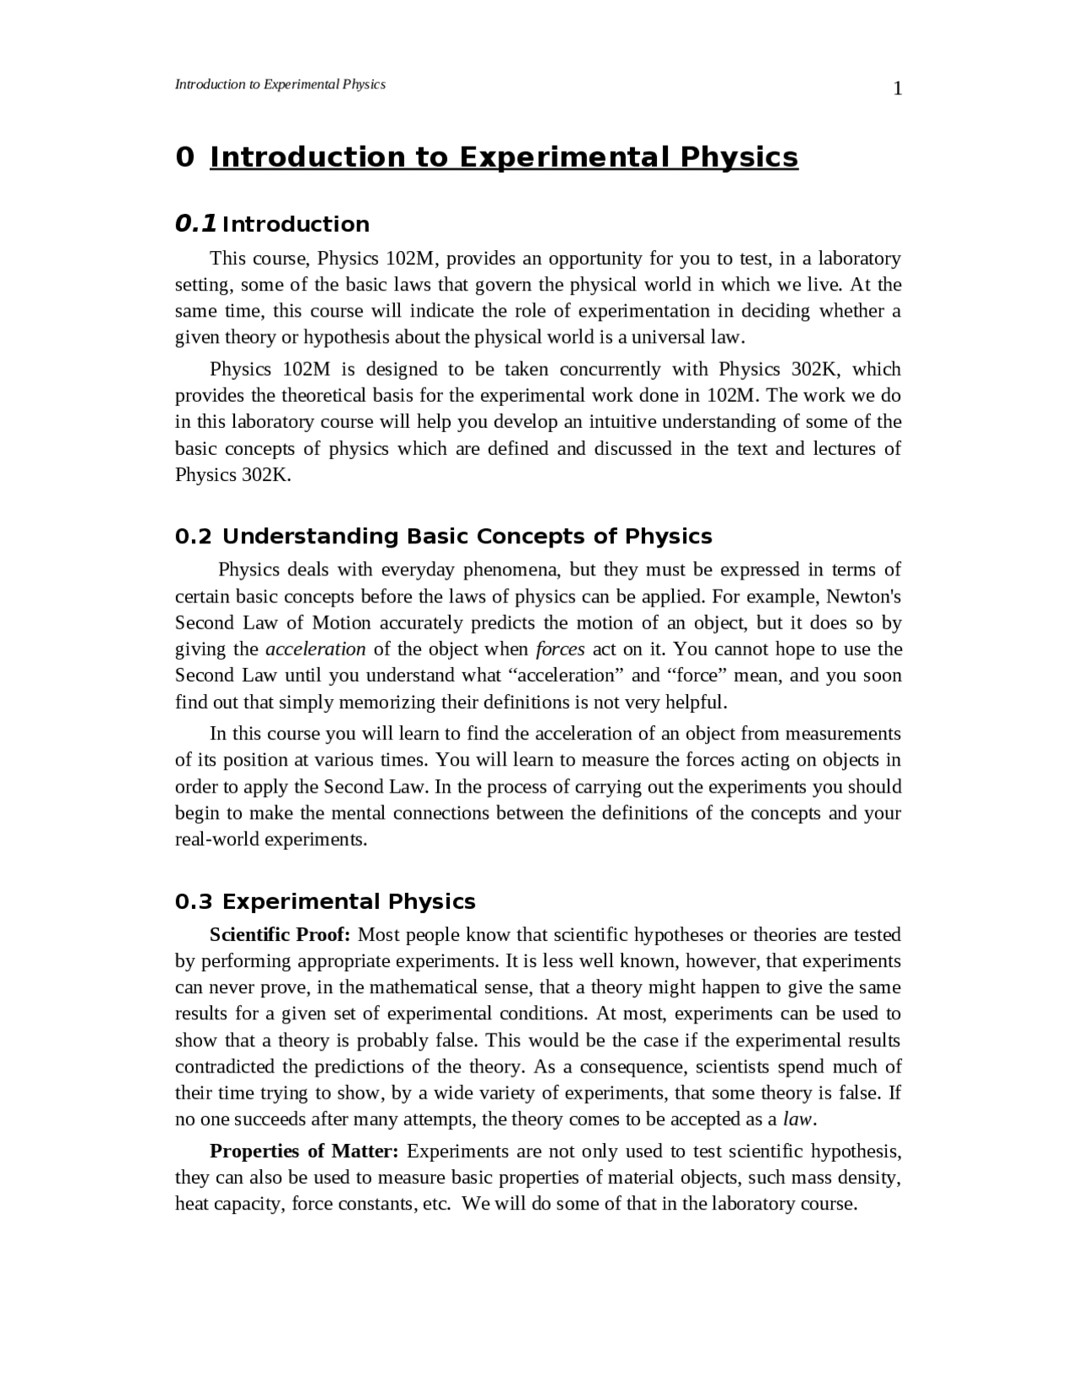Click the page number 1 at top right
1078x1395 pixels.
tap(897, 89)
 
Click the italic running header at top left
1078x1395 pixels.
tap(280, 84)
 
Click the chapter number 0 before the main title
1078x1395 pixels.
tap(184, 158)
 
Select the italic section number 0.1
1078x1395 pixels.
tap(195, 224)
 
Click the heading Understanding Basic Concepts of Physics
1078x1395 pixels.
tap(467, 537)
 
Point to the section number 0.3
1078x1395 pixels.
tap(193, 901)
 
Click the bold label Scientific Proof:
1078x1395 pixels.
tap(280, 934)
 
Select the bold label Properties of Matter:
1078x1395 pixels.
tap(304, 1151)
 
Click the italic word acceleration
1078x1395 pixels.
tap(315, 649)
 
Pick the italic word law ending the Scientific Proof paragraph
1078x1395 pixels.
tap(797, 1119)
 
